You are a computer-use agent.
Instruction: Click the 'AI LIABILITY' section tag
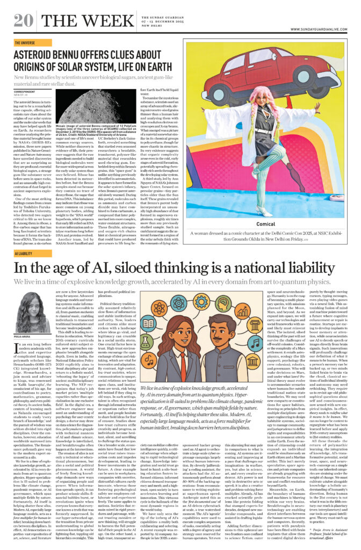23,254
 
